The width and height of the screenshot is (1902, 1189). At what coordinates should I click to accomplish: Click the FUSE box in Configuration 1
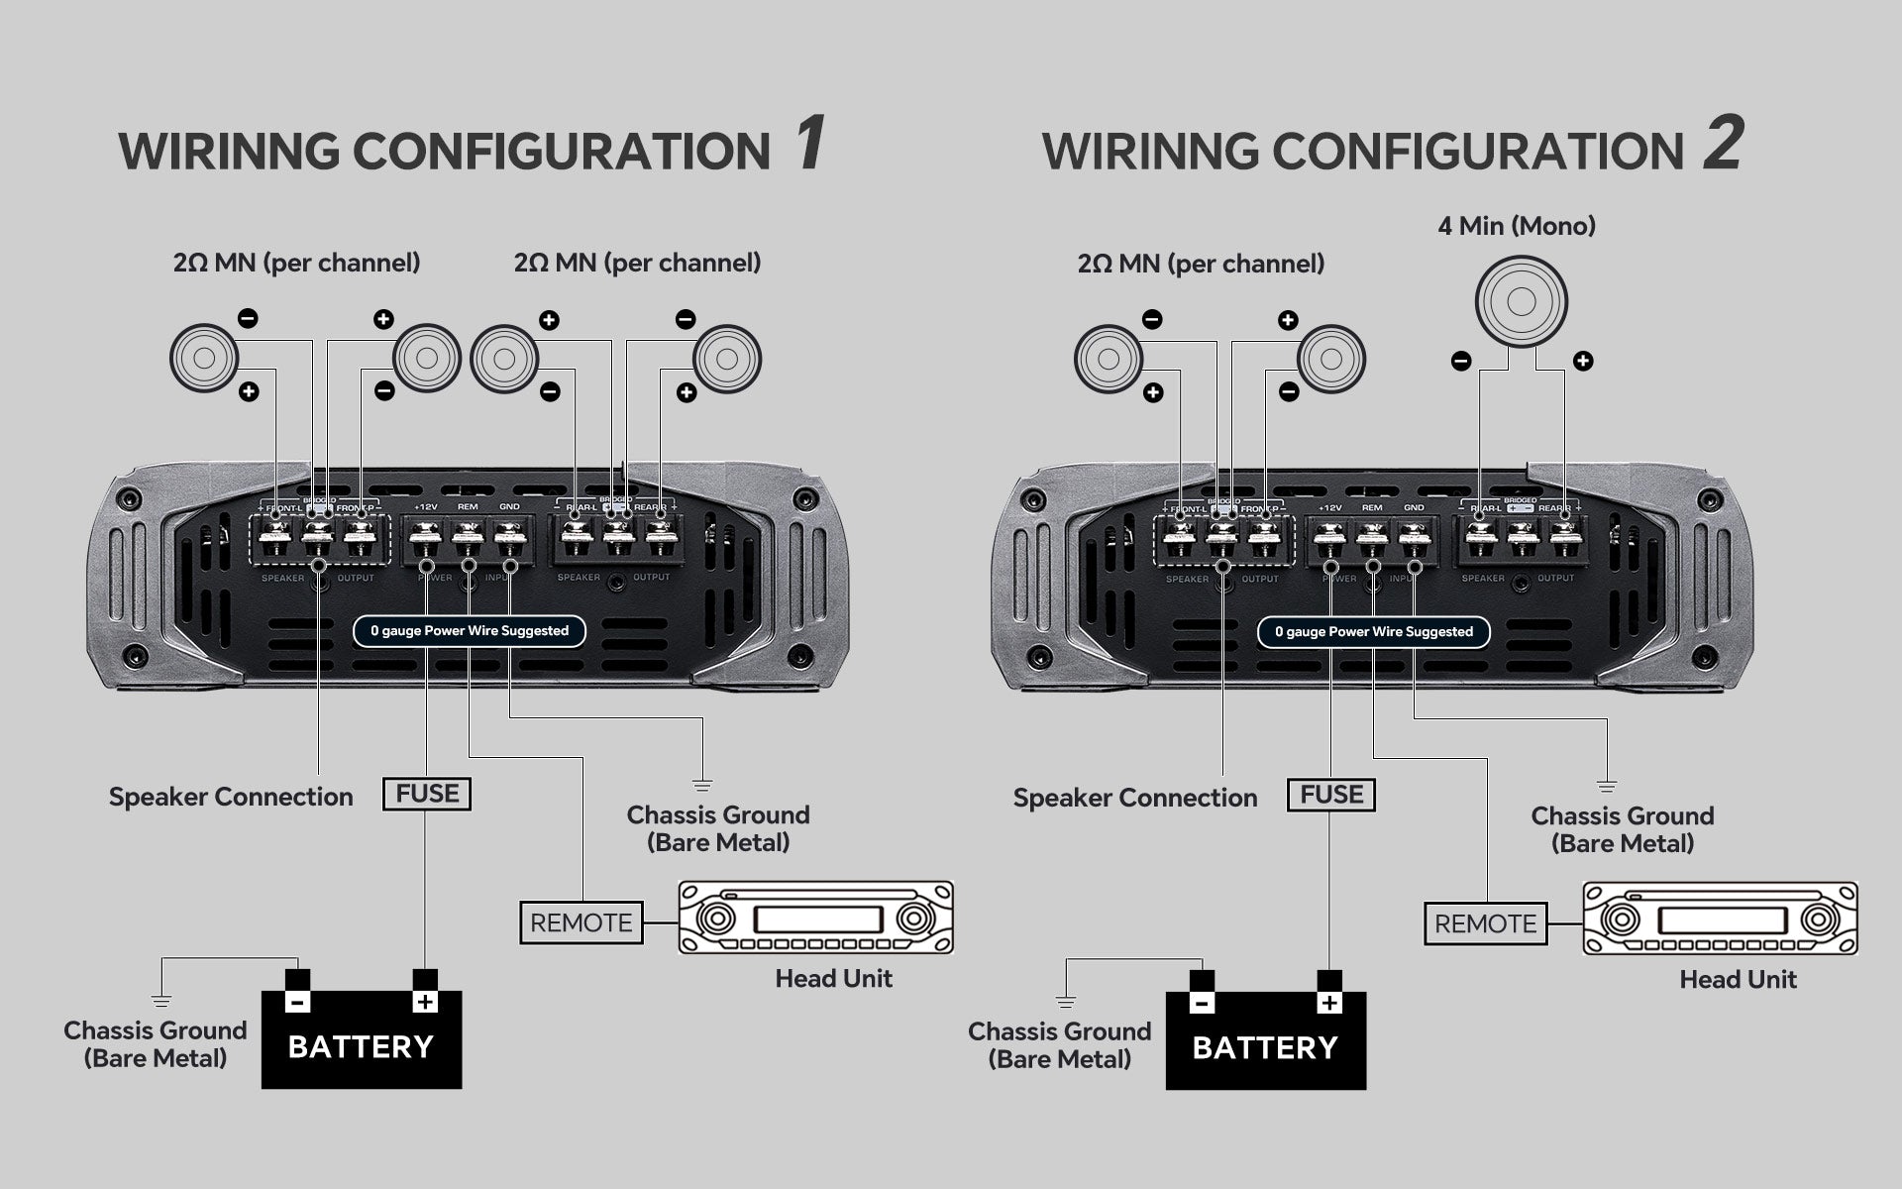pyautogui.click(x=427, y=794)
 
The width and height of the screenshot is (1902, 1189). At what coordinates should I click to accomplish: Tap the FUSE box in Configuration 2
pyautogui.click(x=1331, y=795)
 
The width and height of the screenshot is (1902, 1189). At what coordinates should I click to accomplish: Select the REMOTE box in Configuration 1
pyautogui.click(x=581, y=922)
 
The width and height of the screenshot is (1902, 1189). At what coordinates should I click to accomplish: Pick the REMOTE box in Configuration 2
pyautogui.click(x=1485, y=923)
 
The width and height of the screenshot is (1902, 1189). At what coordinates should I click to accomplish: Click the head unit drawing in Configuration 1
pyautogui.click(x=815, y=918)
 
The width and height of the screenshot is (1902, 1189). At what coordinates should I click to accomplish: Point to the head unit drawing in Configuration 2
pyautogui.click(x=1720, y=919)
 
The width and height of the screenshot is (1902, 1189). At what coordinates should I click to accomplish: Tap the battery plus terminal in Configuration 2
pyautogui.click(x=1329, y=1003)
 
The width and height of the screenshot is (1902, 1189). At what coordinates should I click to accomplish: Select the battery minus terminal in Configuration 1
pyautogui.click(x=297, y=1002)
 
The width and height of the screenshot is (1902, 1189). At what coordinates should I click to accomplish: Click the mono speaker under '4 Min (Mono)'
pyautogui.click(x=1521, y=301)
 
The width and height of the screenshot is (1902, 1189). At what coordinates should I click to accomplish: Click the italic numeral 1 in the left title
pyautogui.click(x=808, y=143)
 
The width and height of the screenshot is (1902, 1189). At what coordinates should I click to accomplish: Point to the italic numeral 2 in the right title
pyautogui.click(x=1723, y=143)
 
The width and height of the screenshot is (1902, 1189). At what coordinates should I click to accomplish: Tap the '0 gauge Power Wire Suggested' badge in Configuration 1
pyautogui.click(x=470, y=631)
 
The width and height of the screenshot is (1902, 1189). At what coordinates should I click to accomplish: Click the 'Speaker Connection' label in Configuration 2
pyautogui.click(x=1134, y=798)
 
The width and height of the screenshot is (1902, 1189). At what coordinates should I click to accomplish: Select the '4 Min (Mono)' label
pyautogui.click(x=1517, y=226)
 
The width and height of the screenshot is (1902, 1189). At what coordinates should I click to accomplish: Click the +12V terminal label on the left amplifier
pyautogui.click(x=425, y=507)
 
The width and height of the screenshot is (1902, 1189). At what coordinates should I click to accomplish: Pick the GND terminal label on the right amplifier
pyautogui.click(x=1414, y=508)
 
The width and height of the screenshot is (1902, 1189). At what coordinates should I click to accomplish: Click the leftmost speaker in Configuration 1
pyautogui.click(x=204, y=358)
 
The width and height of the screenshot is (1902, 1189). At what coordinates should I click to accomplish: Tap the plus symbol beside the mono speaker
pyautogui.click(x=1583, y=362)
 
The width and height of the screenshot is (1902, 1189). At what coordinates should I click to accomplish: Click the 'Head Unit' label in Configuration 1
pyautogui.click(x=833, y=978)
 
